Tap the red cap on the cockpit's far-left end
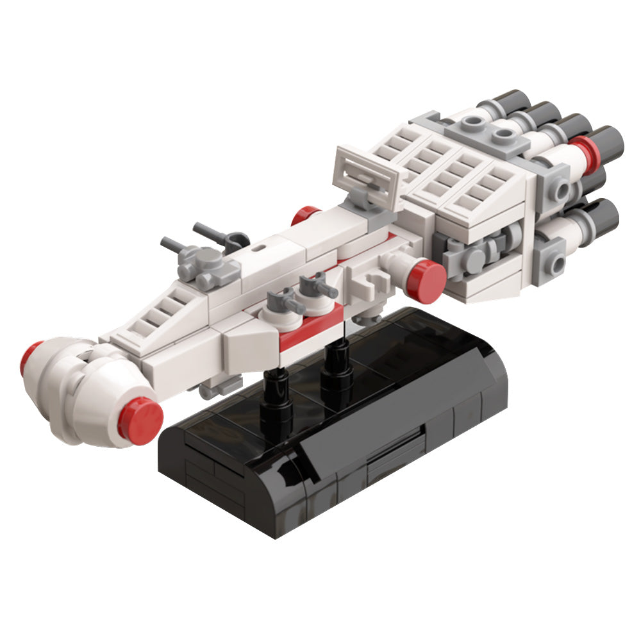(x=29, y=358)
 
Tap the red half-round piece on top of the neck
(x=305, y=216)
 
